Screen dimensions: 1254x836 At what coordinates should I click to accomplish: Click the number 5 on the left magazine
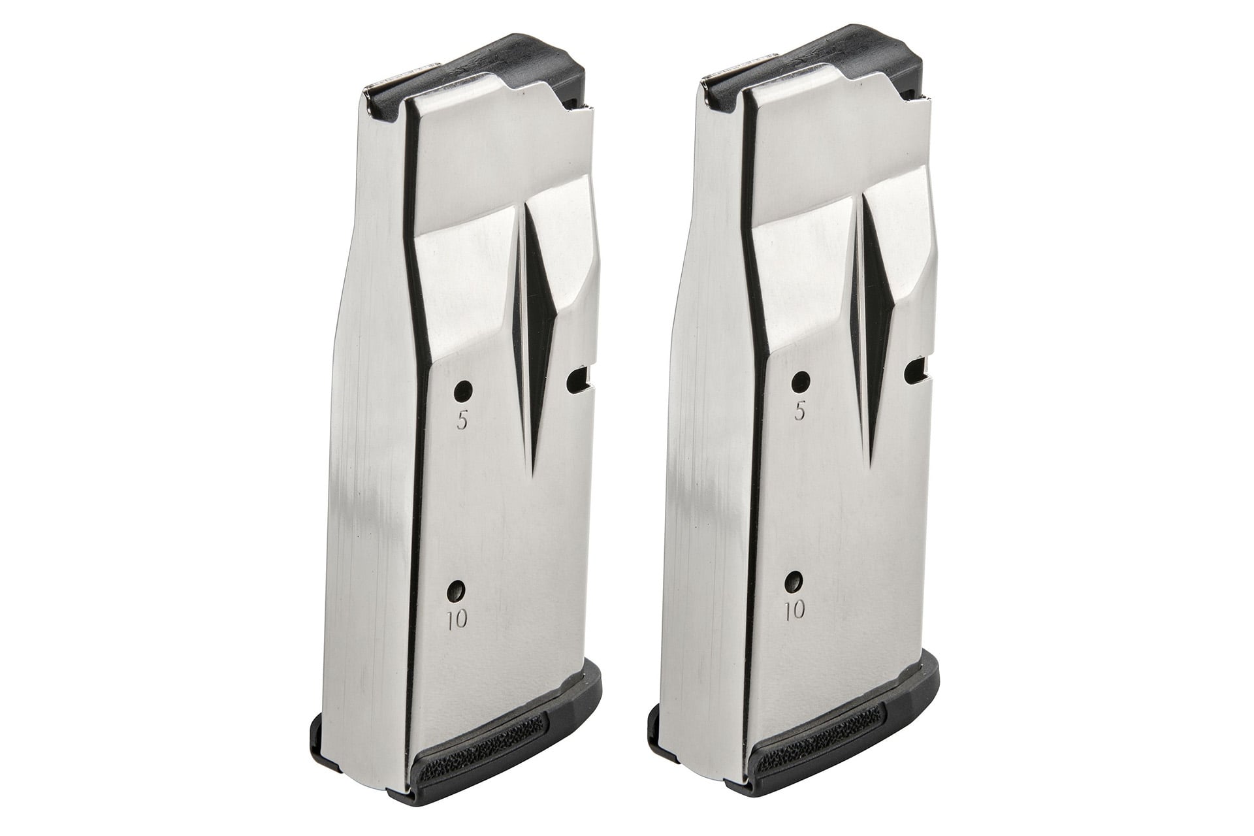coord(462,421)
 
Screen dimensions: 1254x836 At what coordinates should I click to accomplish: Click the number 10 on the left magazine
coord(458,620)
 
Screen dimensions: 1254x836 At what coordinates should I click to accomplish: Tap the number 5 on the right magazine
coord(798,411)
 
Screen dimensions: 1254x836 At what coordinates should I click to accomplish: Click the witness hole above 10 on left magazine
coord(457,591)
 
